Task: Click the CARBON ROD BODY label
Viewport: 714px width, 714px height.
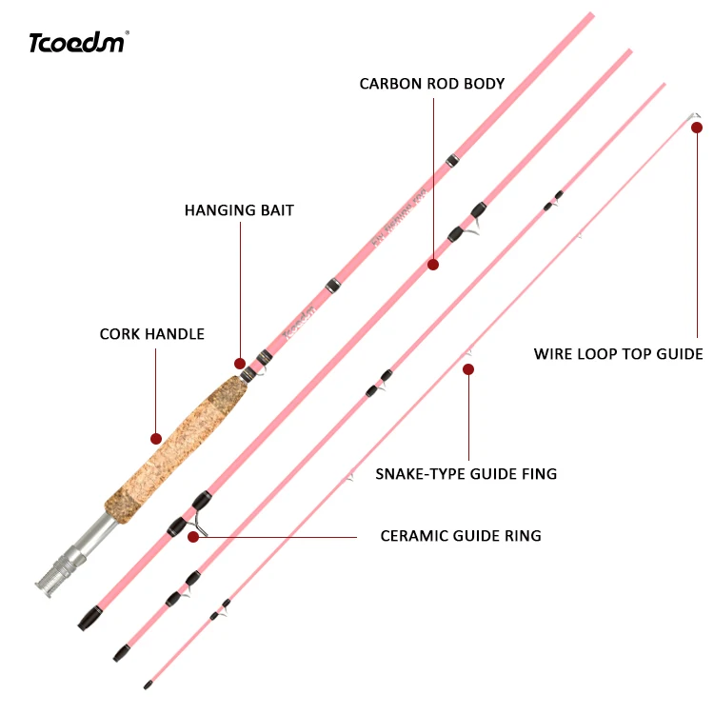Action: pos(432,84)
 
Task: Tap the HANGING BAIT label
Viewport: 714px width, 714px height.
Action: pos(239,209)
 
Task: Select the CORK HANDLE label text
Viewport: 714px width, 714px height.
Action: pos(152,334)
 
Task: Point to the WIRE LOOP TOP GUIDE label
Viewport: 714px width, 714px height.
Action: pos(618,354)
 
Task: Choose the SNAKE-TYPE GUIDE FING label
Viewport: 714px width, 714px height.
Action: pos(466,473)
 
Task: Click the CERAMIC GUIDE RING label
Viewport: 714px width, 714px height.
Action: pos(461,536)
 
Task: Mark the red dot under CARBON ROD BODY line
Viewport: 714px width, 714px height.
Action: pos(433,265)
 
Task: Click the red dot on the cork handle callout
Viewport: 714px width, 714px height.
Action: pos(156,439)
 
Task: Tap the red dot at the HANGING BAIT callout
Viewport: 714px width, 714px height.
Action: pos(240,364)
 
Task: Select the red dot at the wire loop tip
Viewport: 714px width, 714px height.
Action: pos(697,127)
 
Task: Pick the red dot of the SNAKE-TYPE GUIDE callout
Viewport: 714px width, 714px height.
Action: pos(467,368)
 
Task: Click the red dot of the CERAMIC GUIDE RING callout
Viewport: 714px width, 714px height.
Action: pos(193,537)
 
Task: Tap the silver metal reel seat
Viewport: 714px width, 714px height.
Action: pos(71,557)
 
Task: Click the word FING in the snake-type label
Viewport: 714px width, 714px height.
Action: pos(539,473)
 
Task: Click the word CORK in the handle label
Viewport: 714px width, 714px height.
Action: pos(119,334)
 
